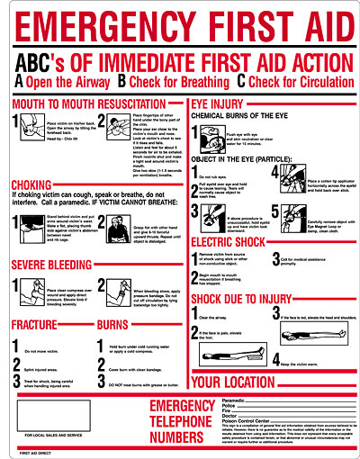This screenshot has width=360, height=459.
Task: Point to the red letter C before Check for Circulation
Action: pyautogui.click(x=241, y=80)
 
